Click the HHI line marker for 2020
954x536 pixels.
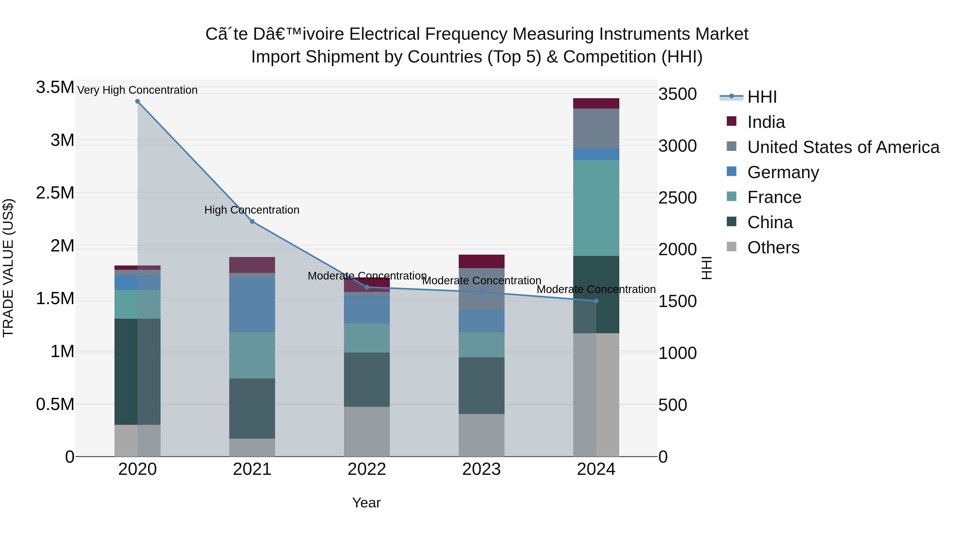(x=137, y=101)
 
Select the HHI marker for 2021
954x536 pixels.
(x=252, y=222)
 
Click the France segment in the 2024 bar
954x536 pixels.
(x=596, y=208)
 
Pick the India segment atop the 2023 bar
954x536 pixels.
(x=482, y=261)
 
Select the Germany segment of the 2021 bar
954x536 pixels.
(x=252, y=305)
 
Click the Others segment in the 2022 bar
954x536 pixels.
(x=367, y=431)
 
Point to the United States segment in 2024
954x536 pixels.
(x=596, y=128)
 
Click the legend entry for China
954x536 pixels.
(x=770, y=222)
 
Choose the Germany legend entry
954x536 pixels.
(x=783, y=172)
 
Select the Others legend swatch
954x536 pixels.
(x=731, y=247)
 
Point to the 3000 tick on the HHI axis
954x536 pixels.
(x=677, y=146)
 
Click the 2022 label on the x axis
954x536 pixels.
(x=367, y=469)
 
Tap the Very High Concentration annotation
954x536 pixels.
(x=137, y=90)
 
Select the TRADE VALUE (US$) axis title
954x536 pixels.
(x=8, y=268)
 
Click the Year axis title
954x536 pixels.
(x=366, y=503)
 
